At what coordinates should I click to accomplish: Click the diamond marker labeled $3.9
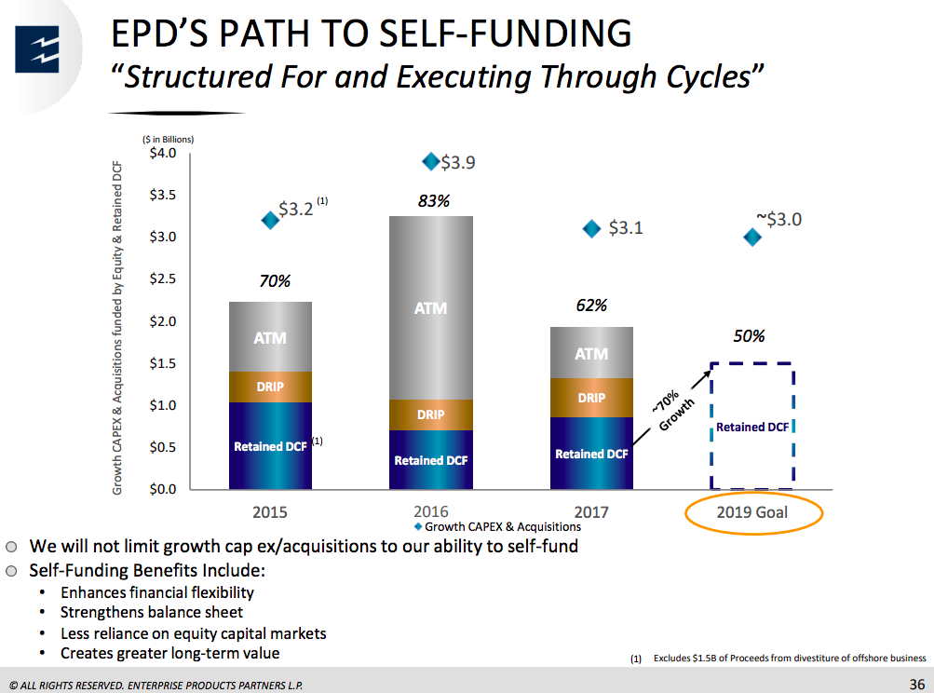[431, 161]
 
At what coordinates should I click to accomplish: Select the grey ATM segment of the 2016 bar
[430, 307]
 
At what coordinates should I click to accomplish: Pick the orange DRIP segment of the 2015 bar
[270, 387]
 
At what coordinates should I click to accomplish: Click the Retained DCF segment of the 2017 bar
[591, 454]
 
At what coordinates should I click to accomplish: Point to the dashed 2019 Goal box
[751, 427]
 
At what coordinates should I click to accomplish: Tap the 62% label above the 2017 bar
[591, 305]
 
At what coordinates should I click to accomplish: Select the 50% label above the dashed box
[749, 336]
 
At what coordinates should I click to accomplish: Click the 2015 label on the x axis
[270, 511]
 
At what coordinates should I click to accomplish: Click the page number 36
[916, 685]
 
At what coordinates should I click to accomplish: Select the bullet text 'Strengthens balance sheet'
[152, 612]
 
